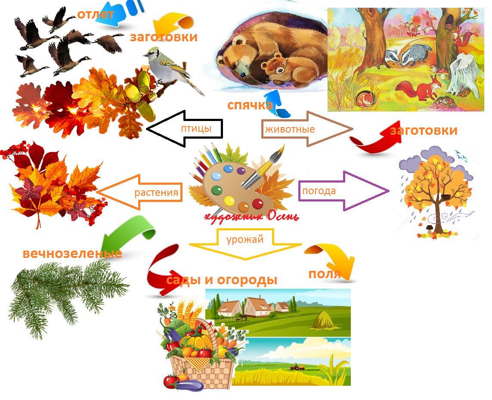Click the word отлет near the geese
pos(96,14)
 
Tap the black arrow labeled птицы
pos(185,128)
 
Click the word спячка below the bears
pos(250,105)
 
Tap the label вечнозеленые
pos(72,253)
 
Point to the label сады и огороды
pos(222,280)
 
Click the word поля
pos(325,273)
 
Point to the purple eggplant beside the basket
pos(188,384)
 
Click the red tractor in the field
pos(297,367)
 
